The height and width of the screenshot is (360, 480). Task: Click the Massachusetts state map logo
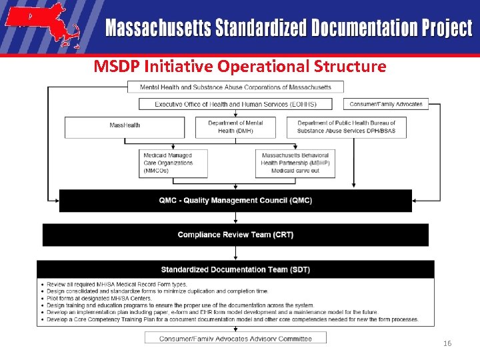point(41,26)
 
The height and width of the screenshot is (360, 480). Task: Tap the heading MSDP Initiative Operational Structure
point(239,67)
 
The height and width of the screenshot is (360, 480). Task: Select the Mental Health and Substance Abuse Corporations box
point(235,87)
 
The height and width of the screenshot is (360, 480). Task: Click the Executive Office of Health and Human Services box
point(235,104)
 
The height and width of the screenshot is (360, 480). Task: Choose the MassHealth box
point(125,127)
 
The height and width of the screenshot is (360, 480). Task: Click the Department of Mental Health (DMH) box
point(235,127)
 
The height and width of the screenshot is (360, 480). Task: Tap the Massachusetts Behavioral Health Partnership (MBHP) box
point(295,163)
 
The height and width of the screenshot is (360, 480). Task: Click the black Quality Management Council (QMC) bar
point(235,201)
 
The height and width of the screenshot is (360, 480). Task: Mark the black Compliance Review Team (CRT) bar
point(235,235)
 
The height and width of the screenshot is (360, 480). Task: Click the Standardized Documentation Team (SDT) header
point(235,269)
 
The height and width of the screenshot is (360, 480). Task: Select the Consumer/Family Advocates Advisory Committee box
point(235,339)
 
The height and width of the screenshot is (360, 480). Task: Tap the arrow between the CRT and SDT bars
point(235,253)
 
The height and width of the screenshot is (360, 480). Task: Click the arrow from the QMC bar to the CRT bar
point(235,218)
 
